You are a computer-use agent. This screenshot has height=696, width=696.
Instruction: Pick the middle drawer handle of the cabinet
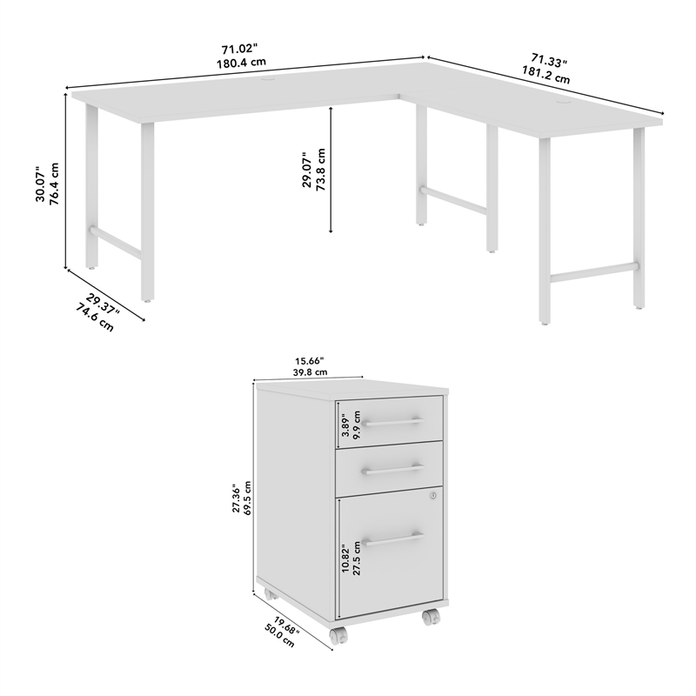tap(392, 470)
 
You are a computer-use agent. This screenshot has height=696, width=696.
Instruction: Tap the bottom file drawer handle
tap(392, 540)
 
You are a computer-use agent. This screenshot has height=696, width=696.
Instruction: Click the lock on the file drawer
tap(432, 496)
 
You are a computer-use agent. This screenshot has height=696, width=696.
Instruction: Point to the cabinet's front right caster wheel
tap(430, 617)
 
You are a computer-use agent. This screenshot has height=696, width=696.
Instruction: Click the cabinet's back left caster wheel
tap(270, 596)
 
